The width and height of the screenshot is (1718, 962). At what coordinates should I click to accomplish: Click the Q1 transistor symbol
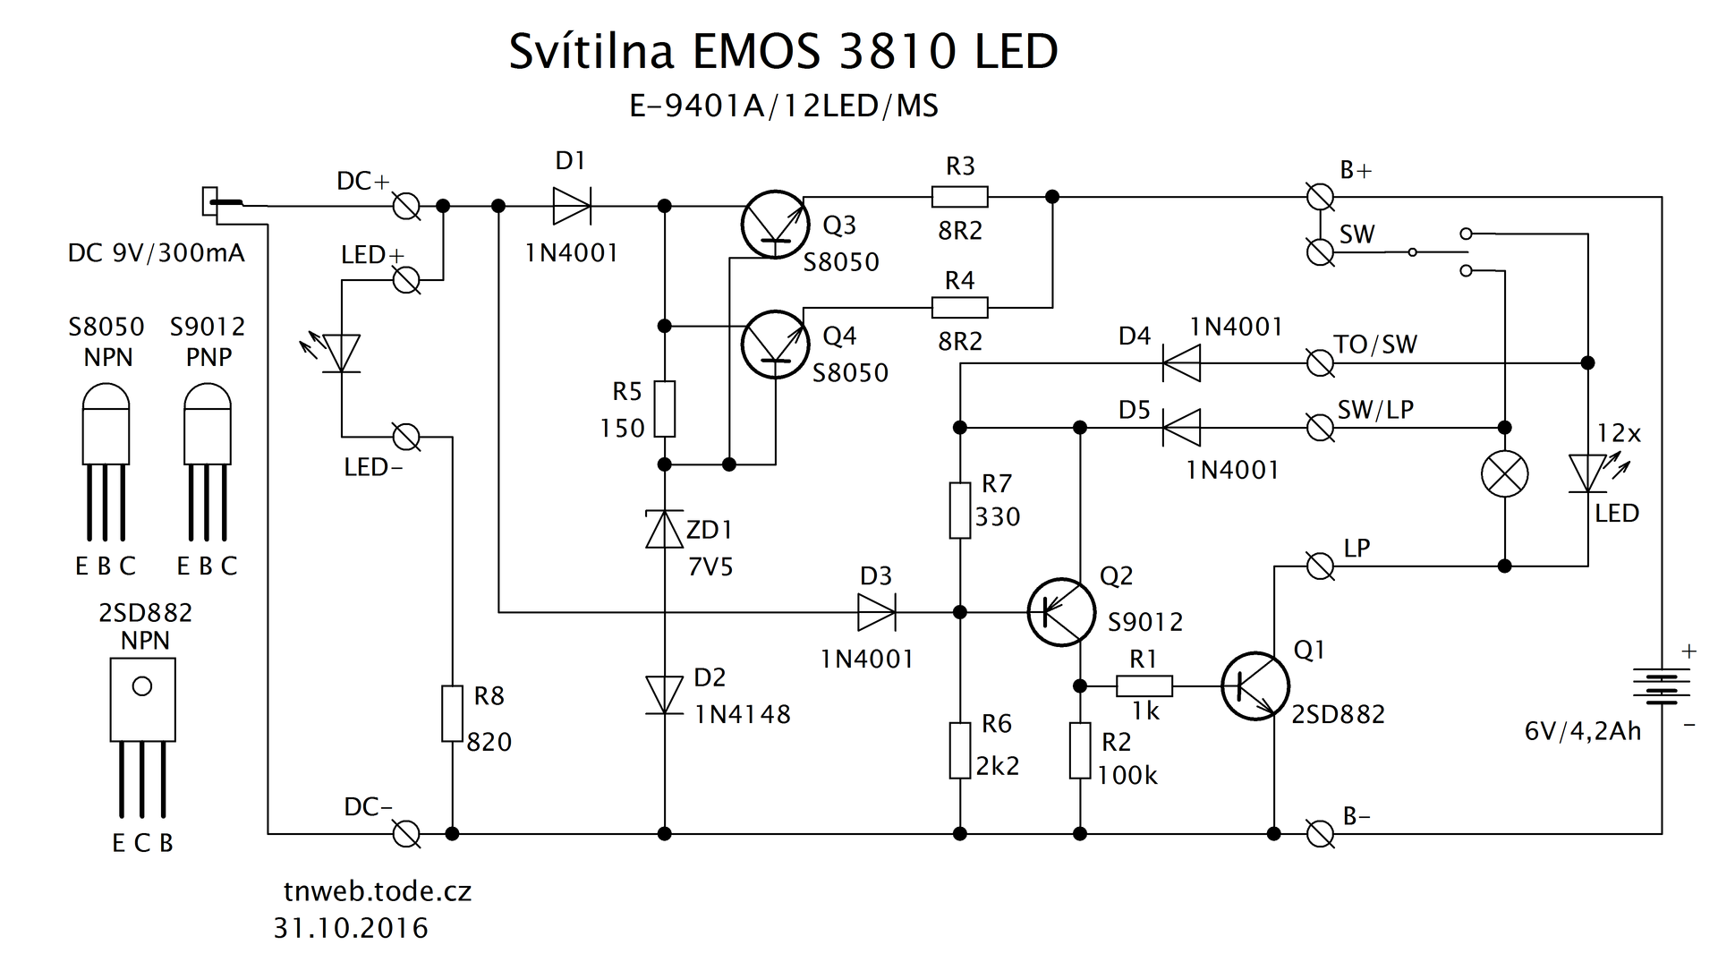[1254, 686]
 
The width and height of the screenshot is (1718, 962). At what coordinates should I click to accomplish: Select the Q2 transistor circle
[1061, 611]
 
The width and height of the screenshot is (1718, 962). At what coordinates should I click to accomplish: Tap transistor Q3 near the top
[775, 225]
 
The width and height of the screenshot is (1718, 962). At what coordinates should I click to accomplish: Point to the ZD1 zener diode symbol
[664, 529]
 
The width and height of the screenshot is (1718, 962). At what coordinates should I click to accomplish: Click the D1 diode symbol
[571, 206]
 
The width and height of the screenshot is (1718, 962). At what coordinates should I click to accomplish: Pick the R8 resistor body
[452, 713]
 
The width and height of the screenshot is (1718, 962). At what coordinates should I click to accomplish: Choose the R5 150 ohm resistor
[664, 409]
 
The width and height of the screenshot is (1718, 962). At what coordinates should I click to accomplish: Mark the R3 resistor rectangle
[959, 197]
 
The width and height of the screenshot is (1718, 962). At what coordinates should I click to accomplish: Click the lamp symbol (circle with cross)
[1504, 473]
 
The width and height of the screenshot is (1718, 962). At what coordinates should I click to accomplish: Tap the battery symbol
[1661, 685]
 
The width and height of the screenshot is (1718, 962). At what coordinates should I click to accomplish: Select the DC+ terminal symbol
[407, 207]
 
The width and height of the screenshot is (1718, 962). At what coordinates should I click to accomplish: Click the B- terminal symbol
[1320, 834]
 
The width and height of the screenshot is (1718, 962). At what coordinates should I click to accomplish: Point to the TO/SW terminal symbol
[1320, 363]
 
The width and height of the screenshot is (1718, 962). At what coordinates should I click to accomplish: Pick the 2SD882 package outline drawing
[142, 700]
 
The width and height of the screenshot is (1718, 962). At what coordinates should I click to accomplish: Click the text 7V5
[710, 566]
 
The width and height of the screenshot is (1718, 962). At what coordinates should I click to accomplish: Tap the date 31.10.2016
[351, 928]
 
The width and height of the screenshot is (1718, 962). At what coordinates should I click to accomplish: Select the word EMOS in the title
[755, 52]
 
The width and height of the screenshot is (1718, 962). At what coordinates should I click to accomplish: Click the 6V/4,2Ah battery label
[1582, 731]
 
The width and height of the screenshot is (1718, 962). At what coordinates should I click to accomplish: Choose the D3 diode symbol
[876, 612]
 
